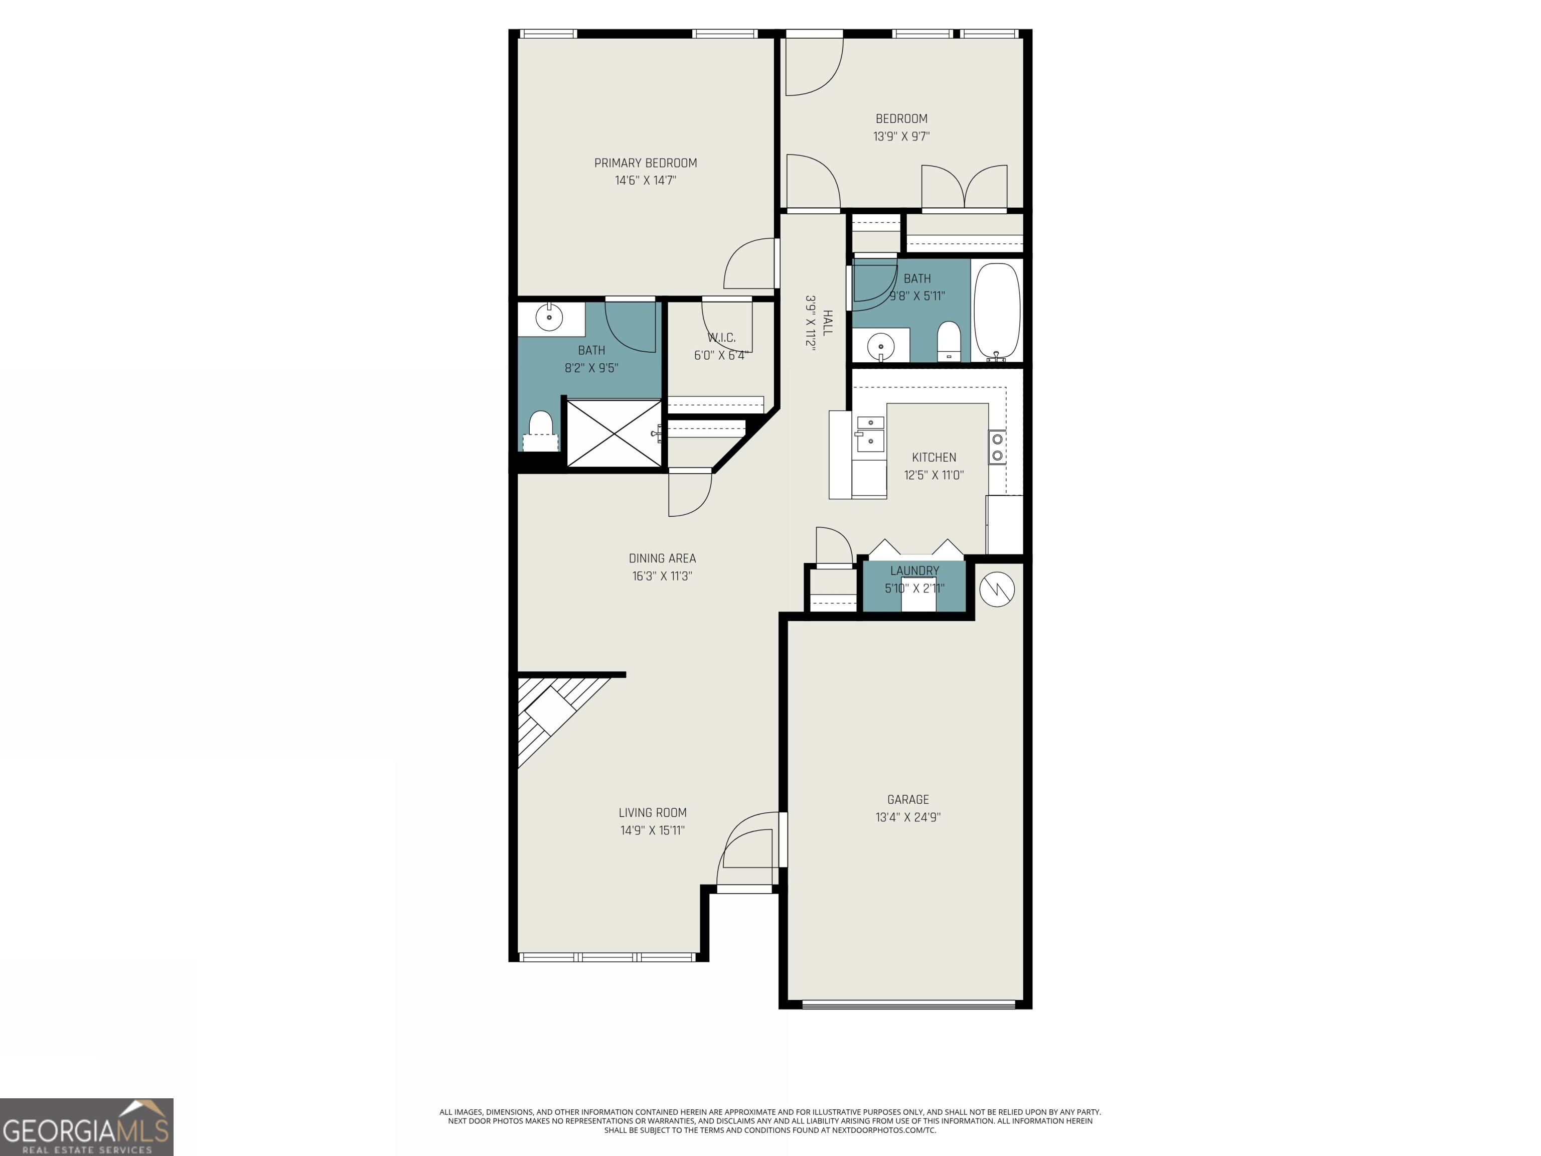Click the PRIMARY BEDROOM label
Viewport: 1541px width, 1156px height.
(645, 163)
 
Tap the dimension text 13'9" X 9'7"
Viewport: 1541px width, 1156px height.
(901, 136)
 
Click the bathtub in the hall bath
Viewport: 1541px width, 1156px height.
(997, 310)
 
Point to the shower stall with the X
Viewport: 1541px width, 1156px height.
(614, 432)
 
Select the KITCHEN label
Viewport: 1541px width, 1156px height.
(934, 458)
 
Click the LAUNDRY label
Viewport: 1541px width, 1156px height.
(914, 570)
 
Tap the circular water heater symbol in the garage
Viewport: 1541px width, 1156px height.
(996, 590)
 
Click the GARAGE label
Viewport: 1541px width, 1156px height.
(908, 799)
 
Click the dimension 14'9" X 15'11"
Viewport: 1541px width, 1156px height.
(652, 830)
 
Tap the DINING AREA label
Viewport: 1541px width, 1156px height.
(662, 558)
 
